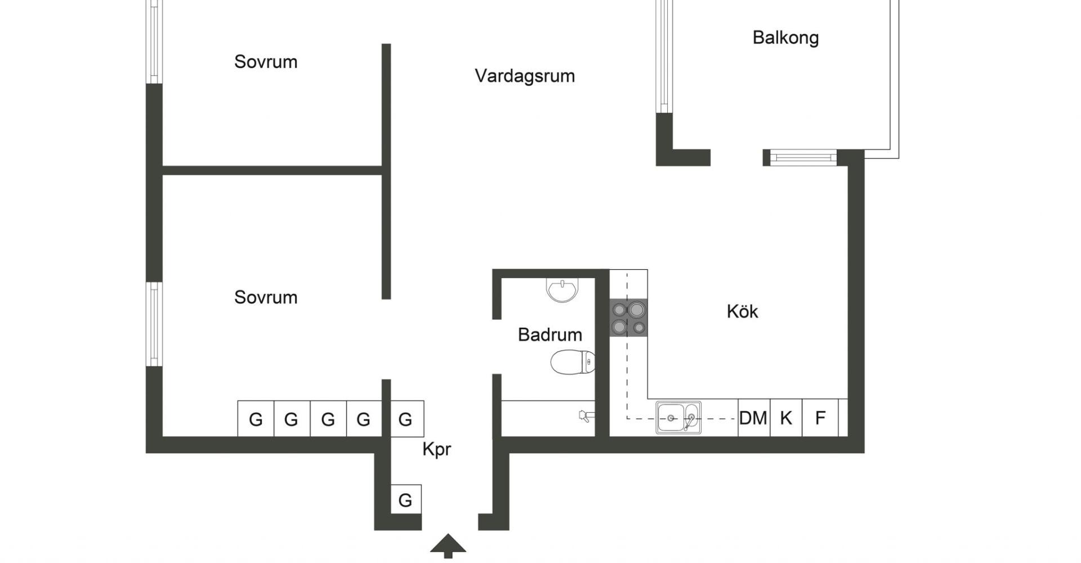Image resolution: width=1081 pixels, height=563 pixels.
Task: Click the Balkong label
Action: point(785,38)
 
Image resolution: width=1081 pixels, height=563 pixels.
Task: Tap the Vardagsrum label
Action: point(525,76)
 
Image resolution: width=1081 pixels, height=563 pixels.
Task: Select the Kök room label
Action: point(742,311)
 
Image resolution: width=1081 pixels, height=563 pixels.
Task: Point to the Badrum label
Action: point(550,334)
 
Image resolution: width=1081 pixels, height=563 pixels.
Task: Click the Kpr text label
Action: point(436,449)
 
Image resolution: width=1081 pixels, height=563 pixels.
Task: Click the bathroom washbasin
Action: point(562,290)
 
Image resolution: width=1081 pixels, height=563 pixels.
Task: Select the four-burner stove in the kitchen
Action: point(628,318)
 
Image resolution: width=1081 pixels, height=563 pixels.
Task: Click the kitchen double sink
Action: point(678,418)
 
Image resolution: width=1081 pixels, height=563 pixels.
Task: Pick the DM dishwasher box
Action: point(753,418)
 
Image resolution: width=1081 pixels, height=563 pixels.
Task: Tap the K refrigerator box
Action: point(786,418)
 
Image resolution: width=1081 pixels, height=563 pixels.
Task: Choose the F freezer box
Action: point(820,418)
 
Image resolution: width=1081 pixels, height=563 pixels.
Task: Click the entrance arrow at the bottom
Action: point(448,545)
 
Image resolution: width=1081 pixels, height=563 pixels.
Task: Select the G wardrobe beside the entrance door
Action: point(405,499)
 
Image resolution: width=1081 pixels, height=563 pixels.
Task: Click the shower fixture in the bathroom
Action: point(586,416)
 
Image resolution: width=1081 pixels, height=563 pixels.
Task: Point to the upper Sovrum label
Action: point(266,61)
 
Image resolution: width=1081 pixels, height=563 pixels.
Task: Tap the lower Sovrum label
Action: point(266,297)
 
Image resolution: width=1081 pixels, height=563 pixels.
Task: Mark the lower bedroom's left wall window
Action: point(154,324)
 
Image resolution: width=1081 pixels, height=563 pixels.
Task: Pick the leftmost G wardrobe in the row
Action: point(256,419)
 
